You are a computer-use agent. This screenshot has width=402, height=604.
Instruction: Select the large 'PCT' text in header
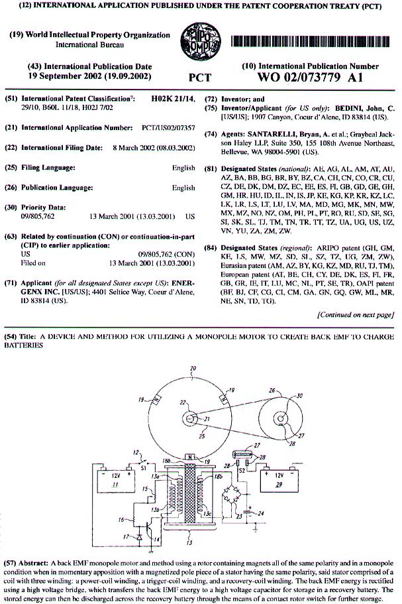point(200,78)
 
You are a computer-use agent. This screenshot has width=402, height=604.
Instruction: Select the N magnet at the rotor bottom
point(191,456)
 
